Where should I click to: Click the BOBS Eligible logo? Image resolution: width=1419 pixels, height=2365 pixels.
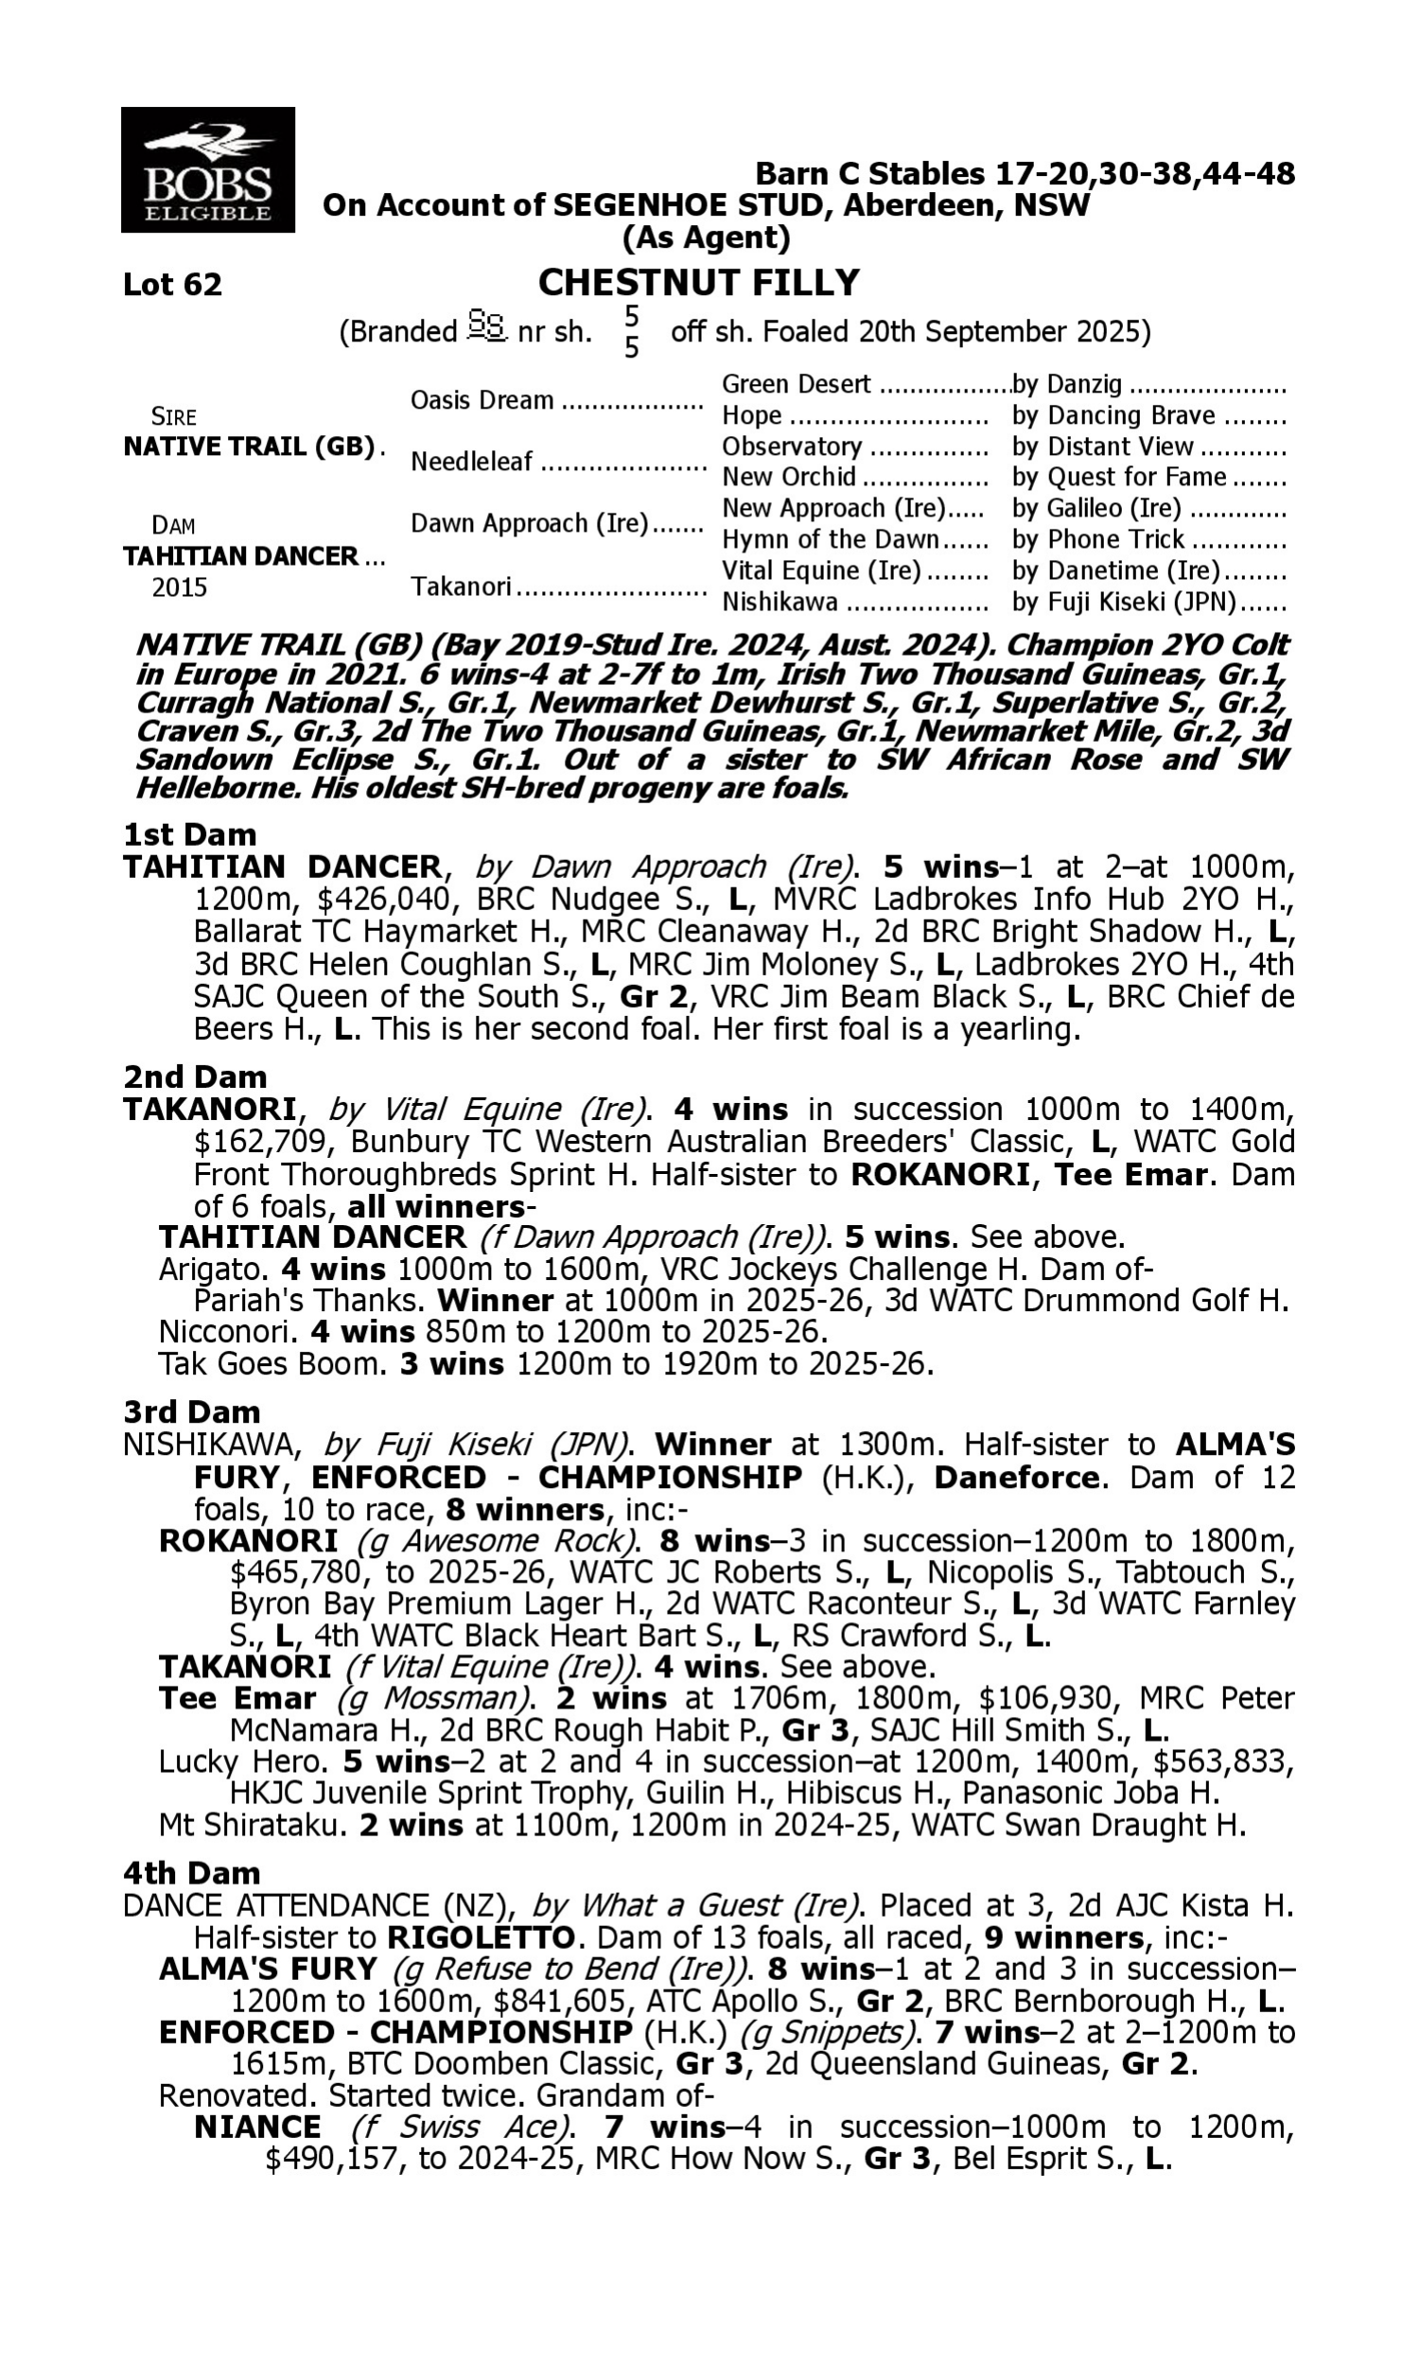point(207,170)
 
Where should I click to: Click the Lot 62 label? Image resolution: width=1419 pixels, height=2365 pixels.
point(172,285)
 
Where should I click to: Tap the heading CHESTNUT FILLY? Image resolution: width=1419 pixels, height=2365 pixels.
point(698,283)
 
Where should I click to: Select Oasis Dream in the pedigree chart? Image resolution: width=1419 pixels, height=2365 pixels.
point(482,399)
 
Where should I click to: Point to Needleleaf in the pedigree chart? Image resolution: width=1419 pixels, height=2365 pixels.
point(471,462)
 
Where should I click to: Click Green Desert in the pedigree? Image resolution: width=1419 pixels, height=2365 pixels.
point(796,384)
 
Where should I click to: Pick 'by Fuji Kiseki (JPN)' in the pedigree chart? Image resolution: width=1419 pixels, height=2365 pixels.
point(1124,603)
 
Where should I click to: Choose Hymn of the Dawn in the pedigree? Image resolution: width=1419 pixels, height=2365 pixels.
point(830,540)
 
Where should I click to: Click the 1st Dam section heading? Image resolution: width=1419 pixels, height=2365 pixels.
point(189,834)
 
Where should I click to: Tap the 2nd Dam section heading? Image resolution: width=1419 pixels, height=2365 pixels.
point(194,1077)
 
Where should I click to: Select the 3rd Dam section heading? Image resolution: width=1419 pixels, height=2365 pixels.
point(191,1411)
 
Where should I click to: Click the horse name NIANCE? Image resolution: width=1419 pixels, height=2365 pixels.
point(257,2128)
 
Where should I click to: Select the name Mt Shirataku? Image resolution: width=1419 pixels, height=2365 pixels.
point(252,1825)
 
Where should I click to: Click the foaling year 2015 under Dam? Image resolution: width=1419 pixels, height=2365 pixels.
point(180,587)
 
